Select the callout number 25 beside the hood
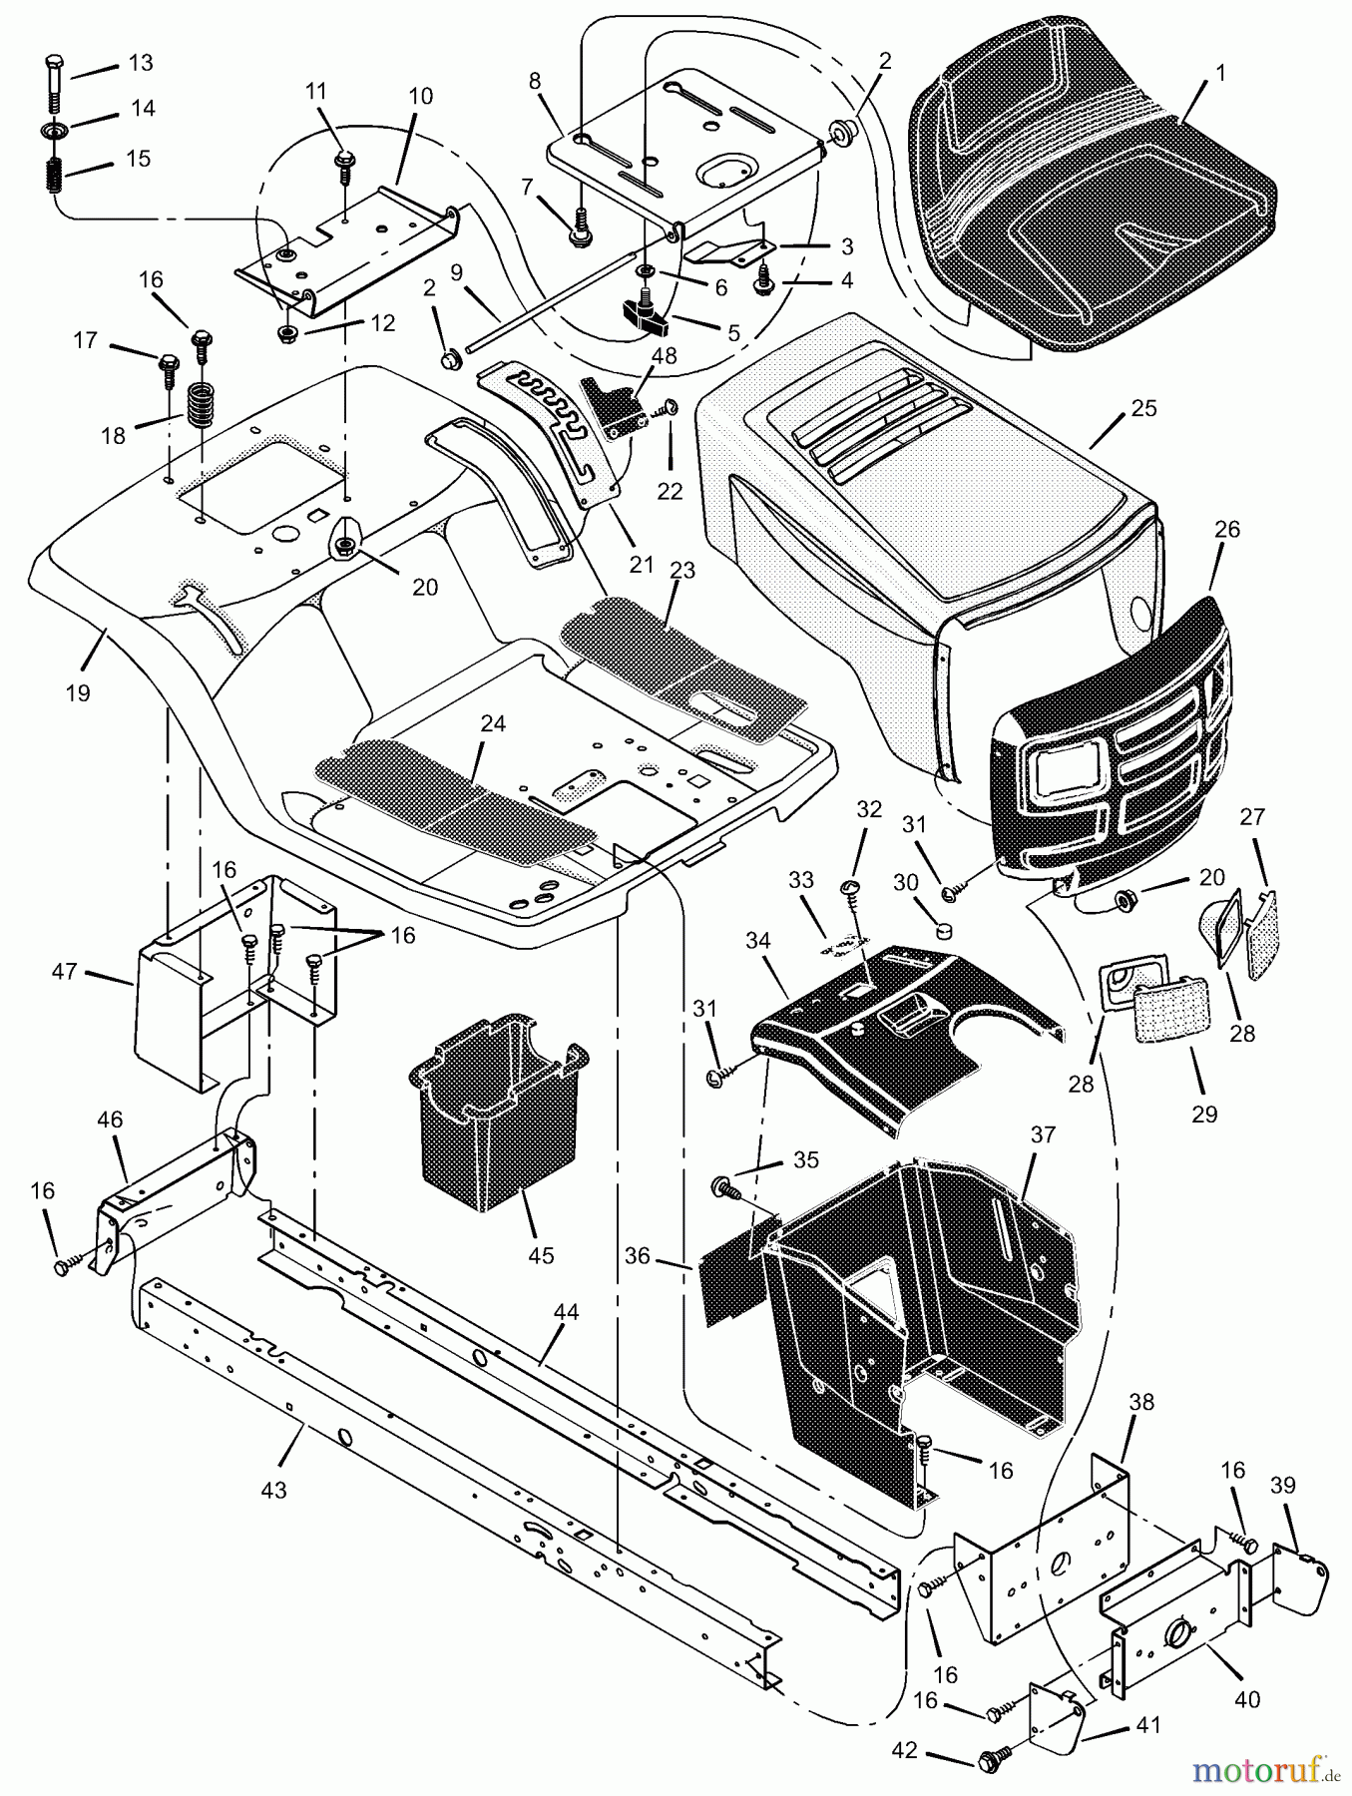1143,408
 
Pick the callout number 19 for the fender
77,691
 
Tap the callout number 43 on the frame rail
272,1490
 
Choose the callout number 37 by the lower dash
1043,1134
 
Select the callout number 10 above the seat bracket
421,96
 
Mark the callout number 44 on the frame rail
566,1312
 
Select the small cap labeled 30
943,930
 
